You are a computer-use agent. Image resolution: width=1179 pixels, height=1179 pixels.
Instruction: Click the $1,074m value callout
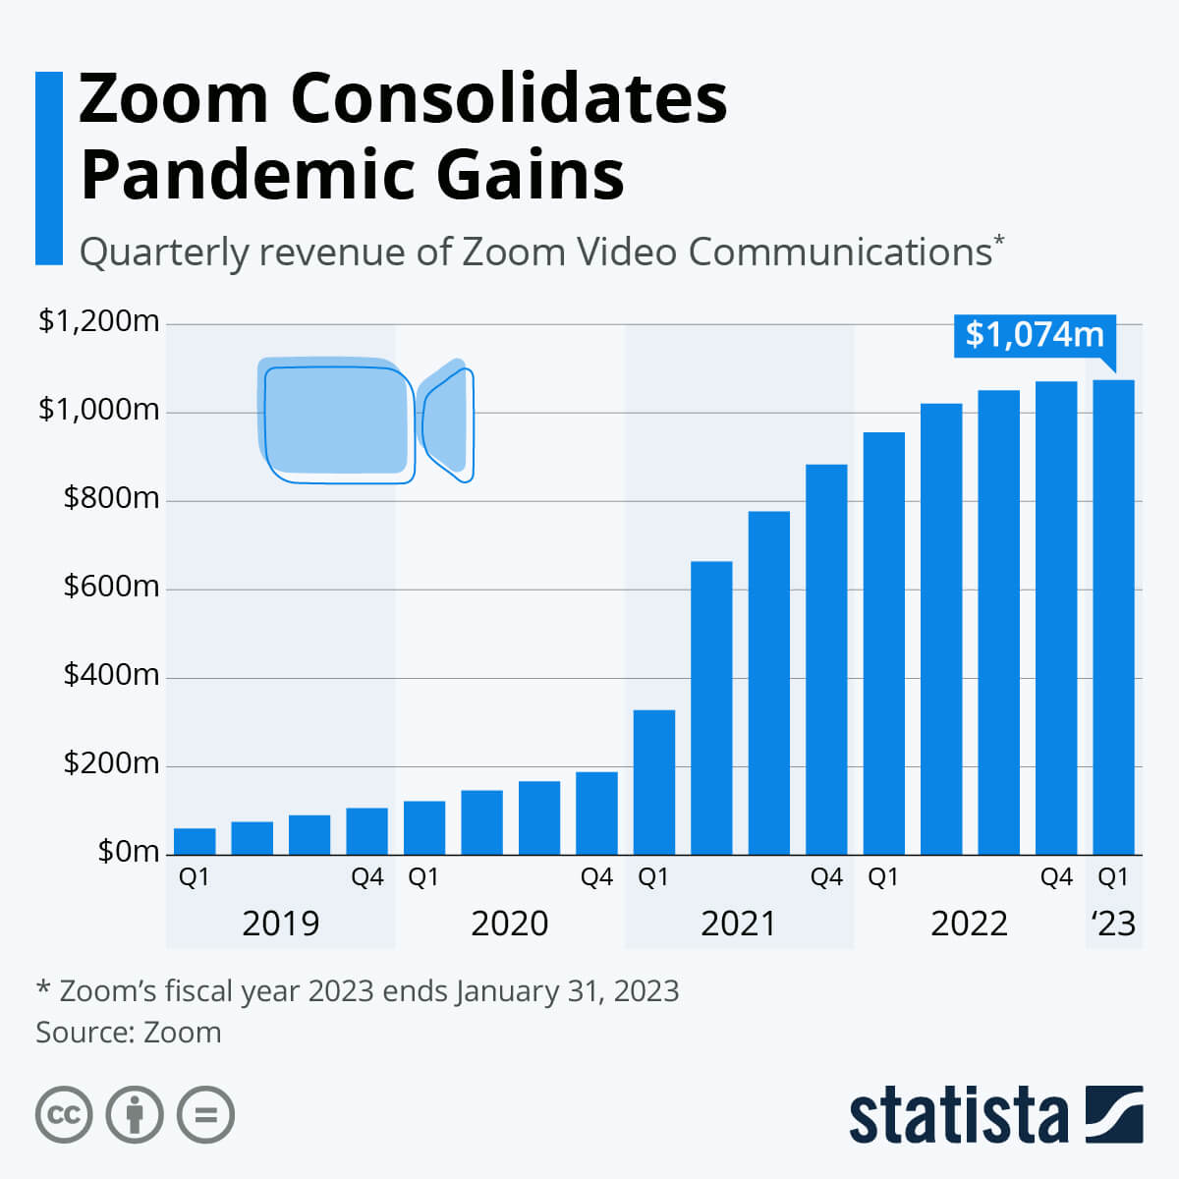[x=1035, y=335]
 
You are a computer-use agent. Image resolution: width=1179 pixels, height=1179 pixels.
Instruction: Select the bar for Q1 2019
[x=195, y=841]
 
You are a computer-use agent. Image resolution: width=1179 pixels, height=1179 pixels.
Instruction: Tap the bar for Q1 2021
[x=653, y=782]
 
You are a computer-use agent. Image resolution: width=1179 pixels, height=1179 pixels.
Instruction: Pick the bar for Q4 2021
[x=826, y=659]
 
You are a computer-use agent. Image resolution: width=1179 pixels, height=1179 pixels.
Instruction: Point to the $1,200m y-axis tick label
[x=98, y=321]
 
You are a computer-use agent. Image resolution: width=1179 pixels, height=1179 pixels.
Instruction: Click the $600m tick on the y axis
[x=111, y=587]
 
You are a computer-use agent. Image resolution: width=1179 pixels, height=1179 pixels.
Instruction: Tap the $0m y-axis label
[x=128, y=851]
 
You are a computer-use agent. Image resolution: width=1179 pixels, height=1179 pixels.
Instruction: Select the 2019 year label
[x=280, y=924]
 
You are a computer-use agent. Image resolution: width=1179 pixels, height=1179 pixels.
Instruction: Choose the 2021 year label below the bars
[x=739, y=924]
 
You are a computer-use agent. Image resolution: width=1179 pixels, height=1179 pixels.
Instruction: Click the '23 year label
[x=1113, y=924]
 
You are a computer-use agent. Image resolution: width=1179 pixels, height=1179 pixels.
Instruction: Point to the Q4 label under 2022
[x=1056, y=877]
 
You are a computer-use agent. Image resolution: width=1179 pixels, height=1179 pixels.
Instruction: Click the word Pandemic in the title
[x=248, y=175]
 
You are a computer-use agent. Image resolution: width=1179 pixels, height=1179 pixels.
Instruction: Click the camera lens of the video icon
[x=447, y=420]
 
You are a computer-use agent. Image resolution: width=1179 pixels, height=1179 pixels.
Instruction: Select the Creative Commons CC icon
[x=64, y=1115]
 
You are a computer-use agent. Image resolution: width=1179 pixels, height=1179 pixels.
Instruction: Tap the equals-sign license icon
[x=206, y=1115]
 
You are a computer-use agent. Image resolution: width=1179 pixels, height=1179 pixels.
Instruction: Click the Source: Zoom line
[x=129, y=1033]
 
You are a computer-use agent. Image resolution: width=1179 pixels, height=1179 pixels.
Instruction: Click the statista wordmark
[x=958, y=1116]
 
